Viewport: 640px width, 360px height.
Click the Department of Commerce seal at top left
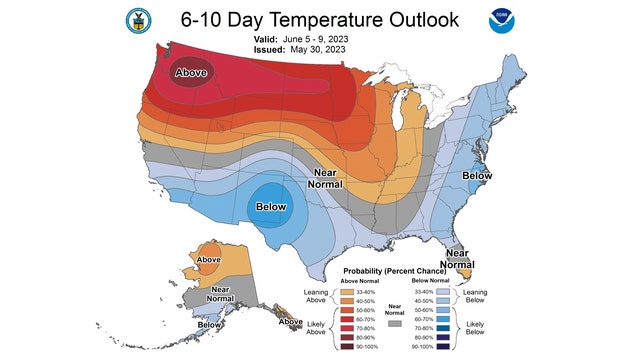point(137,21)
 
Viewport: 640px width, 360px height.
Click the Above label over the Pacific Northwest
point(192,73)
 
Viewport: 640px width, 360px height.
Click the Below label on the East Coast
point(477,176)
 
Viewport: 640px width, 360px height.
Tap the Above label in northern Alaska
point(209,260)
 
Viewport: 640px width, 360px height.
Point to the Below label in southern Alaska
point(209,324)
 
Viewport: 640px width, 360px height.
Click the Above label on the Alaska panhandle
point(291,322)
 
